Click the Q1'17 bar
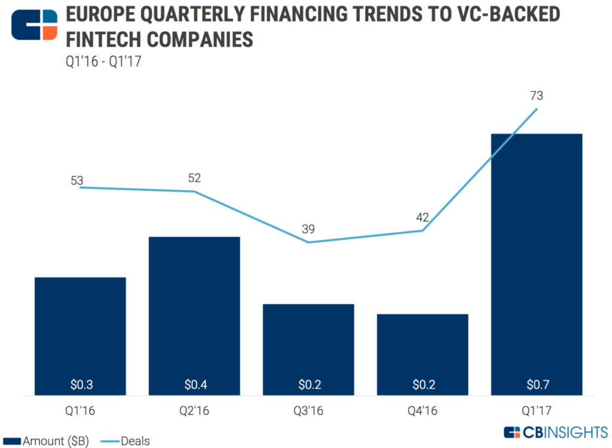536,263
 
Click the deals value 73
536,96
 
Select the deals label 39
308,230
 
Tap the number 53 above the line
77,181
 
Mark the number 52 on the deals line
194,178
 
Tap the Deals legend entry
128,441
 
